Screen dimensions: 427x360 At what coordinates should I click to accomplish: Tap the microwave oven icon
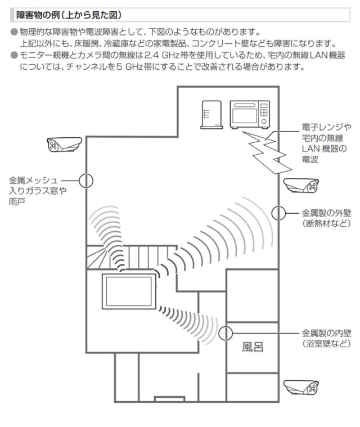tap(250, 115)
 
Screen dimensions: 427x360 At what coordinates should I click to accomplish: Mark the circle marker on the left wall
tap(86, 180)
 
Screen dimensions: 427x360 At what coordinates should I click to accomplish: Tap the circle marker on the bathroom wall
tap(226, 332)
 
